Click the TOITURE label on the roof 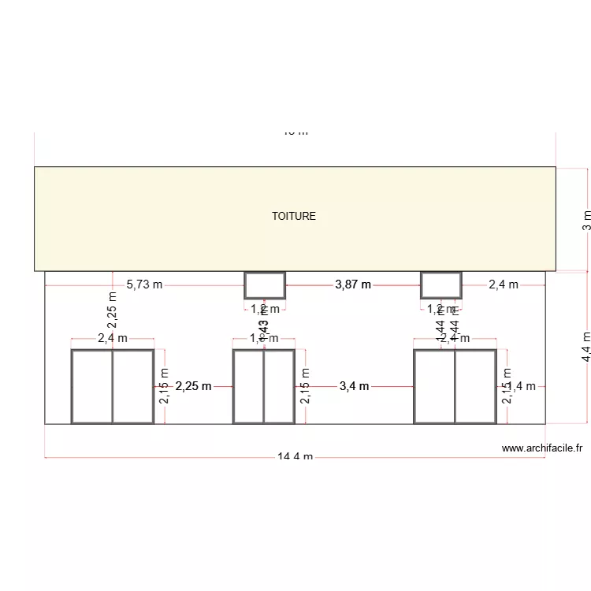pos(294,216)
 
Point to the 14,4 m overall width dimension pos(295,457)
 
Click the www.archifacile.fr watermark pos(541,448)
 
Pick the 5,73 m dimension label pos(144,284)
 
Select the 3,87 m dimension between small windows pos(353,284)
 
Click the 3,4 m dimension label pos(354,386)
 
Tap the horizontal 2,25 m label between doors pos(193,386)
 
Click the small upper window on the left pos(265,284)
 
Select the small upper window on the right pos(440,284)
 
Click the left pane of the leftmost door pos(92,386)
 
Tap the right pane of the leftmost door pos(132,386)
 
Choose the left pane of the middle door pos(248,386)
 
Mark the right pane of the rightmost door pos(475,386)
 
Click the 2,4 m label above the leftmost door pos(112,338)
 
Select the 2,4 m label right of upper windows pos(503,284)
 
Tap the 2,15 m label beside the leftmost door pos(164,386)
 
